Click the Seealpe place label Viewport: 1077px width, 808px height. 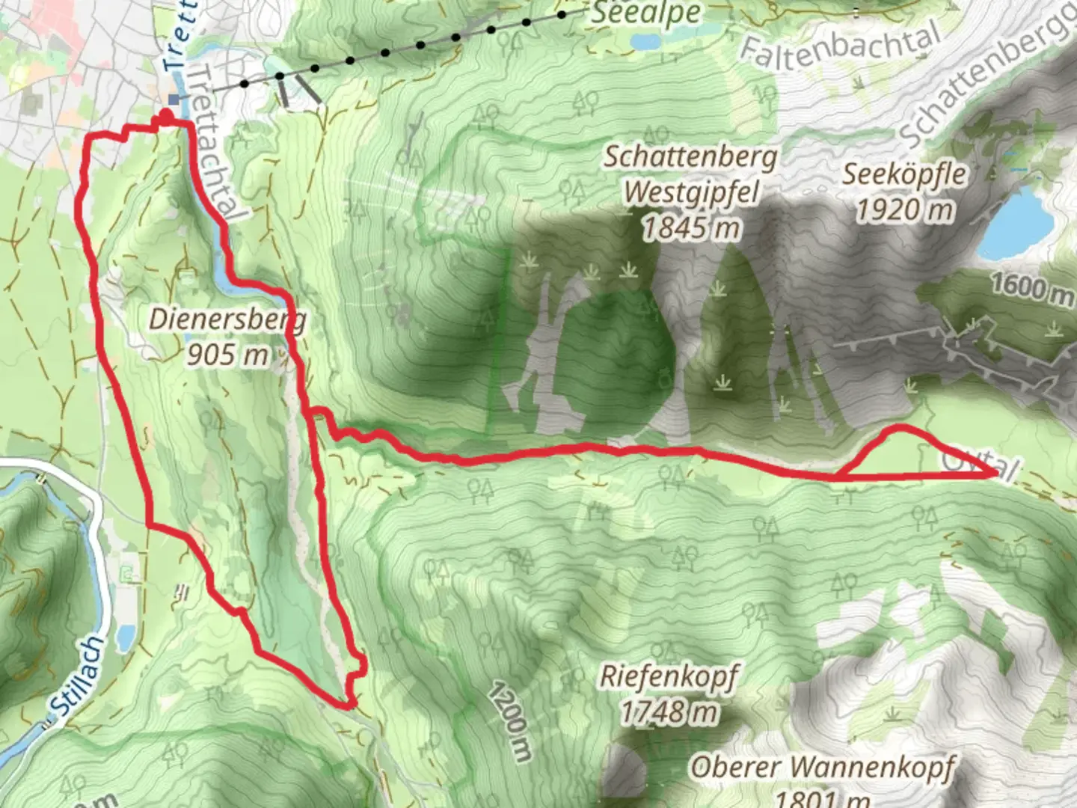[645, 13]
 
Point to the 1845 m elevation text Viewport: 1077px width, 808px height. [691, 227]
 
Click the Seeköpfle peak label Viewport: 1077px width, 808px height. [904, 174]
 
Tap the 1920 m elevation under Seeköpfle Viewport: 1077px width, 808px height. [904, 209]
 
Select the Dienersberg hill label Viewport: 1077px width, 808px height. [227, 319]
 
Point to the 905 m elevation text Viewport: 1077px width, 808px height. [227, 354]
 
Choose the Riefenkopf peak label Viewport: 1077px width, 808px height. [668, 677]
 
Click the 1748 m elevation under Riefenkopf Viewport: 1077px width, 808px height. [668, 712]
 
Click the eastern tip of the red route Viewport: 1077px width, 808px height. [996, 474]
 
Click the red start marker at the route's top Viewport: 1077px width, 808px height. [165, 116]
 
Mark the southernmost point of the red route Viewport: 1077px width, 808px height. [347, 704]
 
